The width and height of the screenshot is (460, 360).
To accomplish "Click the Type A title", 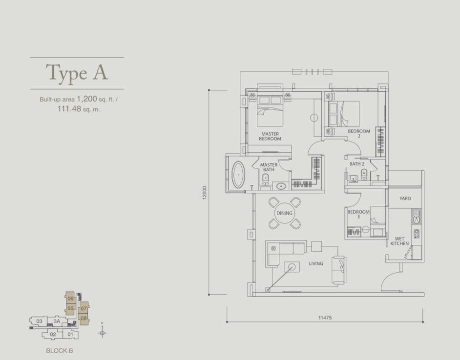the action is [77, 73].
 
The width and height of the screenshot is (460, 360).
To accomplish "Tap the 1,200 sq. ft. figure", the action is [97, 99].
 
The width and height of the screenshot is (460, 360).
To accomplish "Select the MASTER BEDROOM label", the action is [270, 136].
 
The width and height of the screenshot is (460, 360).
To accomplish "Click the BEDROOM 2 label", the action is [359, 133].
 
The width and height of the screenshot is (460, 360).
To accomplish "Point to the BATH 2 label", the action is [357, 164].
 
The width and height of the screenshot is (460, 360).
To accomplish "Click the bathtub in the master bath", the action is [238, 175].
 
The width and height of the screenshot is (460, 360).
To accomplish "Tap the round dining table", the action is [284, 213].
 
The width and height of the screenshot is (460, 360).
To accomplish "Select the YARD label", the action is [405, 199].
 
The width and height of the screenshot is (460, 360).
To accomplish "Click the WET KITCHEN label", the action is [399, 241].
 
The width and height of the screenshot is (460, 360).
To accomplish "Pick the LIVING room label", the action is [315, 263].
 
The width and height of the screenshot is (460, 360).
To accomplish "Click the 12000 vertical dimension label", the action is [205, 193].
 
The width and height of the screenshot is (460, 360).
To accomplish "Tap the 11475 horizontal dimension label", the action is [325, 318].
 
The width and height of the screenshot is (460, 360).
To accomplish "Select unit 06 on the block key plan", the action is [70, 299].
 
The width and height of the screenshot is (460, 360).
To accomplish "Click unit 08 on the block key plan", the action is [84, 318].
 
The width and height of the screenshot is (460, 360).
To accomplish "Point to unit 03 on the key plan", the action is [39, 321].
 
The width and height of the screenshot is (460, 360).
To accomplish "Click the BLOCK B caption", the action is [60, 351].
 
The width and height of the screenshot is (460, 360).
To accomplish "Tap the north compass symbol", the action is [102, 333].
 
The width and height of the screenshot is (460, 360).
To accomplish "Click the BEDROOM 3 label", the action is [358, 214].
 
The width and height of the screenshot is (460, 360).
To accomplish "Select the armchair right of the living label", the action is [339, 270].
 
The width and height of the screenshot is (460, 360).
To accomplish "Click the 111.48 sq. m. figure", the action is [78, 109].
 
